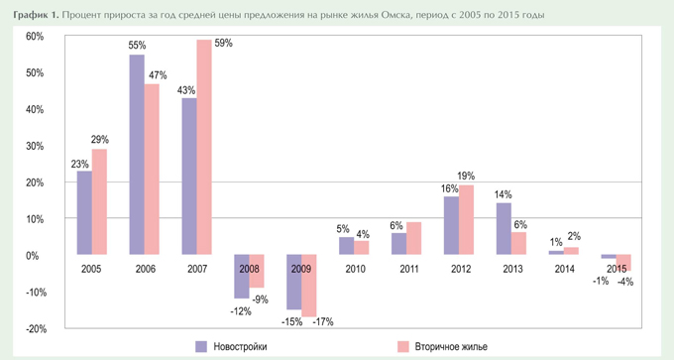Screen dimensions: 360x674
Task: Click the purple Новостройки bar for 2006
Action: [x=137, y=154]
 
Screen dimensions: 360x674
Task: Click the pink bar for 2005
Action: [x=99, y=201]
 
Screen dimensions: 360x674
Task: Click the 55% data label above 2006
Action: [x=137, y=46]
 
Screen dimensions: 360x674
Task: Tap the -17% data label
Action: [x=324, y=321]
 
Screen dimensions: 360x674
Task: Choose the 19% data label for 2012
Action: [x=466, y=177]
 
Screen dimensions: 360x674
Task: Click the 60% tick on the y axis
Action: [x=36, y=37]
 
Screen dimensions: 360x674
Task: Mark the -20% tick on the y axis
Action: [x=35, y=328]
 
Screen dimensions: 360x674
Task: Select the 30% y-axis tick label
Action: [x=36, y=146]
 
